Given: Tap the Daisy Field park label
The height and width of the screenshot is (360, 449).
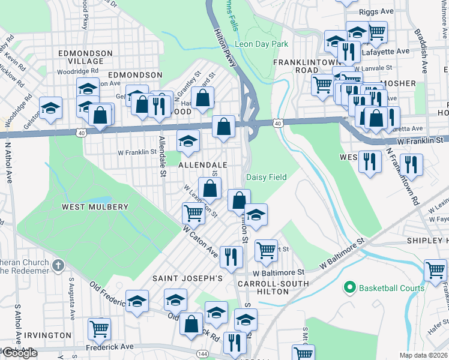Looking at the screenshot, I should point(267,177).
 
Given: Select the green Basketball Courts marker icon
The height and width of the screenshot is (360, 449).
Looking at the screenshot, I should point(350,288).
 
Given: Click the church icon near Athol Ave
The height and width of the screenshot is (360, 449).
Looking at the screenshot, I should point(58,265).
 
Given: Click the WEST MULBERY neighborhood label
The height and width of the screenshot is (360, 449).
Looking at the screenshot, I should point(95,207).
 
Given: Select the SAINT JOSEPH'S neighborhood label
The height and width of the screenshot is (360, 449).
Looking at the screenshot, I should point(187,278).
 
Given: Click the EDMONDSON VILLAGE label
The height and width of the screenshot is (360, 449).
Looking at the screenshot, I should point(85,58).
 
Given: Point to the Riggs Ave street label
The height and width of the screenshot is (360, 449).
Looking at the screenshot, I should point(376,11).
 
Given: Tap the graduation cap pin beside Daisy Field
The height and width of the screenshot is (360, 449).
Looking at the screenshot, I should point(256,215).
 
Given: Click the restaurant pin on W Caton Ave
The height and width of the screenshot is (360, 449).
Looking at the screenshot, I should point(231,257).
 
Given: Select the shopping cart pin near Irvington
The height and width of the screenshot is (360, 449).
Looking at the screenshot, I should point(99,328).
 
